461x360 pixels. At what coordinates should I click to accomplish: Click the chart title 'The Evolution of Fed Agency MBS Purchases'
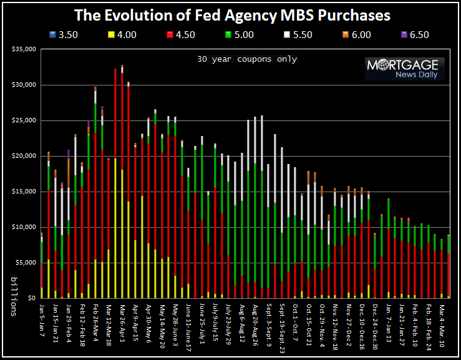point(232,14)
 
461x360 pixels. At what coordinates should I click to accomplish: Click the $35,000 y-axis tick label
point(24,49)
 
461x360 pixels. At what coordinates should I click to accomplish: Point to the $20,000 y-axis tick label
point(24,156)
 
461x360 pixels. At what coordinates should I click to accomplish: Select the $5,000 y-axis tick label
point(26,263)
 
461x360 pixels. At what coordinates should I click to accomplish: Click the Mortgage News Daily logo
point(405,69)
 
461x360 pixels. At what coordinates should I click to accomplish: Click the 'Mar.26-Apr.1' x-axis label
point(123,324)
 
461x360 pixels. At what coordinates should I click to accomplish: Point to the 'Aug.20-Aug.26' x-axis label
point(256,325)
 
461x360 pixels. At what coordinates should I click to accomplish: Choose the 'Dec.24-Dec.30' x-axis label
point(376,325)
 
